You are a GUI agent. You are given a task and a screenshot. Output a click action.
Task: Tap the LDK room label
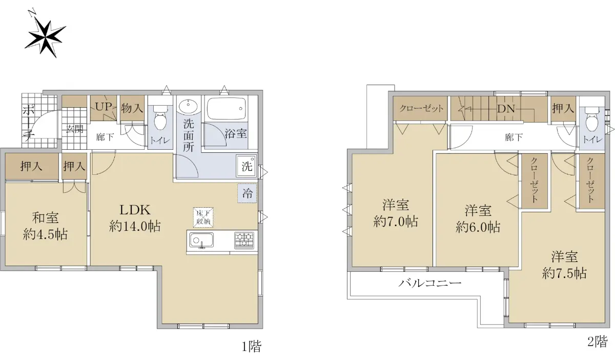click(x=135, y=210)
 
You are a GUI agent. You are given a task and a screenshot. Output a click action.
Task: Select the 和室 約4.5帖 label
click(x=45, y=226)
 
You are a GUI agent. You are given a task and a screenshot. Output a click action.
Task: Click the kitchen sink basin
click(x=202, y=241)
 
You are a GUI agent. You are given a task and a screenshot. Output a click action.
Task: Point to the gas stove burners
click(x=244, y=241)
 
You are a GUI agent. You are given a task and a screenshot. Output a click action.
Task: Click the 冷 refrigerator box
click(x=247, y=193)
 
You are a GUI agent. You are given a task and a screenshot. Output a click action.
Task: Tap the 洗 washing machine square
click(x=247, y=166)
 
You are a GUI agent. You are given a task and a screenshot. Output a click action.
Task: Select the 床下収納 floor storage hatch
click(x=203, y=217)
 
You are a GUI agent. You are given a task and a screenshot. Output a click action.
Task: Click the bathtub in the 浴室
click(x=226, y=109)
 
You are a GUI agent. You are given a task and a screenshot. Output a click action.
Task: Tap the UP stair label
click(x=104, y=106)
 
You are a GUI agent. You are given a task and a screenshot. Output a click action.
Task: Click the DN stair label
click(x=506, y=109)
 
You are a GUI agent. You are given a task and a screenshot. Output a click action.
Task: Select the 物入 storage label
click(x=132, y=108)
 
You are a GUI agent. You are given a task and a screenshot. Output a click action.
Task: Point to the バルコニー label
click(x=430, y=283)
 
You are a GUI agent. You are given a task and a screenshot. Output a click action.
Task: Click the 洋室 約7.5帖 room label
click(x=564, y=265)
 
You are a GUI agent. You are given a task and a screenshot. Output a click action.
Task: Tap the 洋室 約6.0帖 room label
click(x=478, y=219)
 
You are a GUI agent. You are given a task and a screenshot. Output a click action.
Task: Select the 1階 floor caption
click(x=252, y=346)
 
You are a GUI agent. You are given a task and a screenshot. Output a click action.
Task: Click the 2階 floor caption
click(x=598, y=342)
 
